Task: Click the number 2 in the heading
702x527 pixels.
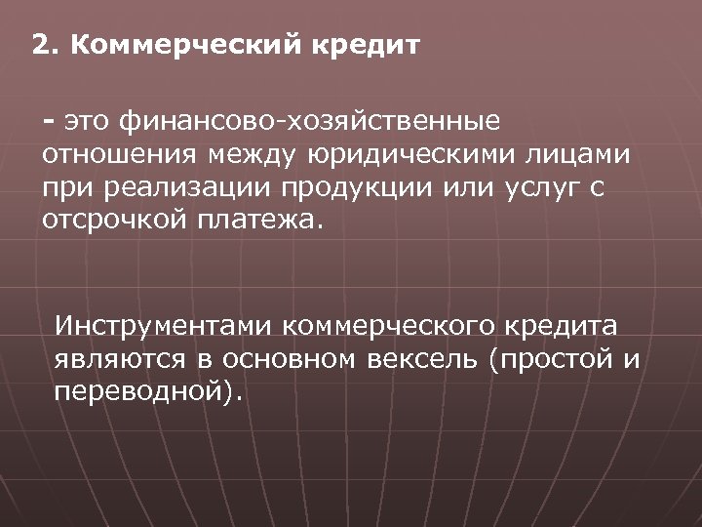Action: coord(38,45)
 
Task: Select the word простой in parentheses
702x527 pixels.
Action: coord(557,359)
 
